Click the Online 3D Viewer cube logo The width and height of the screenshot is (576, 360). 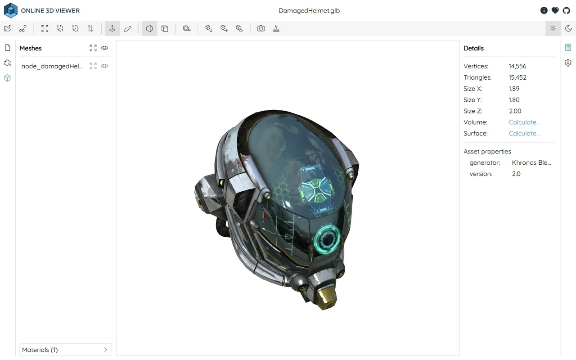coord(10,10)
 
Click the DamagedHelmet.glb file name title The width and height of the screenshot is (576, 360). coord(309,10)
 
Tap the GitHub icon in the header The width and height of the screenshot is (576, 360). coord(566,10)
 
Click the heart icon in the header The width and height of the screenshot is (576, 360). coord(555,10)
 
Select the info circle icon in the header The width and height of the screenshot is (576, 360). coord(544,10)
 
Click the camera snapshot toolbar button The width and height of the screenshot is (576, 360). coord(261,28)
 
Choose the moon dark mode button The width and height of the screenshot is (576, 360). coord(568,28)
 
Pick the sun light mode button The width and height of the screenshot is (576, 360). coord(553,28)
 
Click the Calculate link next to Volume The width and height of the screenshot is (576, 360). coord(524,122)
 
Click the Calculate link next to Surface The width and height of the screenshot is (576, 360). coord(524,134)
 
